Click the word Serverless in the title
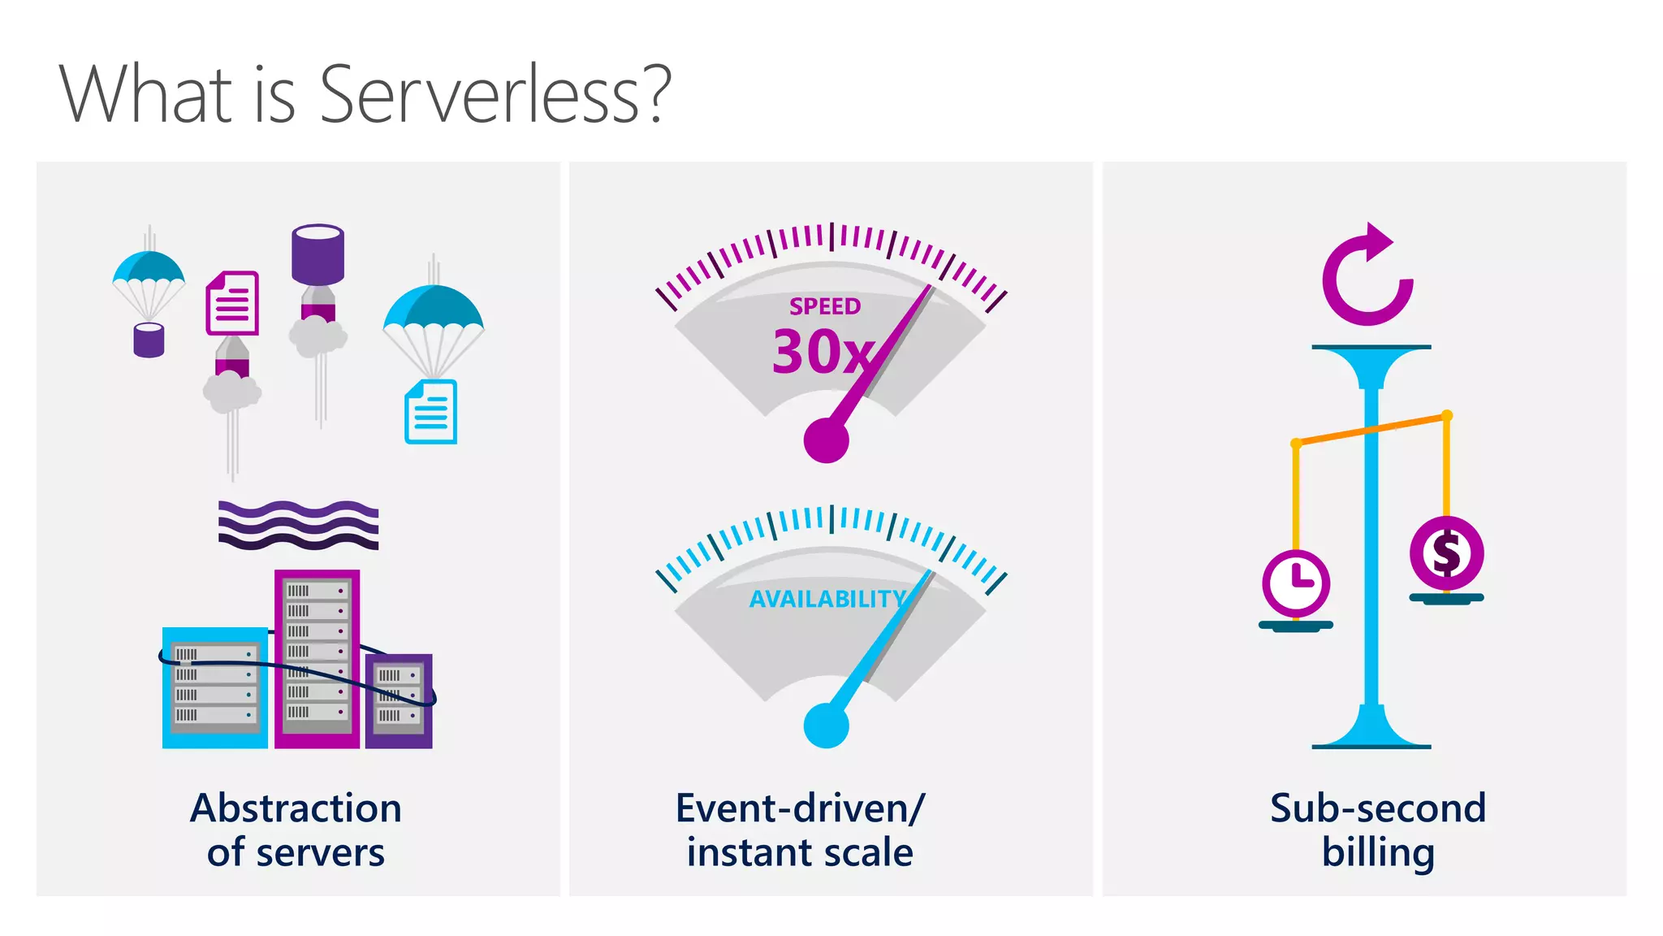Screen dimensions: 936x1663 (495, 95)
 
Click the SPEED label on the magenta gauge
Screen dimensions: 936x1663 (824, 306)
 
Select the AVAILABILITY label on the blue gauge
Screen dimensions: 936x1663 (827, 599)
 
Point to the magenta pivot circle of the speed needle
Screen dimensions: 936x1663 (826, 440)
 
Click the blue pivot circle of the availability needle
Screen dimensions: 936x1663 (826, 725)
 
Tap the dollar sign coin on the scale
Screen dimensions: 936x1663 (1446, 553)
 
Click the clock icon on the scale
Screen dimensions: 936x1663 (1296, 583)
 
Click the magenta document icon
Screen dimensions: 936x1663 (232, 303)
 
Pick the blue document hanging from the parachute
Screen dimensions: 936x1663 (430, 412)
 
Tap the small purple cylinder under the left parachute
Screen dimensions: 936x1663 (149, 340)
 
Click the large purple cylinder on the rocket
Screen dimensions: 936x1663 (317, 253)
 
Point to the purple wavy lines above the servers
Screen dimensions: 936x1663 (298, 524)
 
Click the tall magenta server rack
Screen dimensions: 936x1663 (317, 658)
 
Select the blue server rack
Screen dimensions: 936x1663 (214, 687)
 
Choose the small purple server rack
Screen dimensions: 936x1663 (399, 700)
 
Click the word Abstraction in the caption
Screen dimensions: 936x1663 (296, 808)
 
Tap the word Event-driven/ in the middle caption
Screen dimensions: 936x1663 (800, 808)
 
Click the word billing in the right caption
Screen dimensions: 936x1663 (1378, 853)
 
